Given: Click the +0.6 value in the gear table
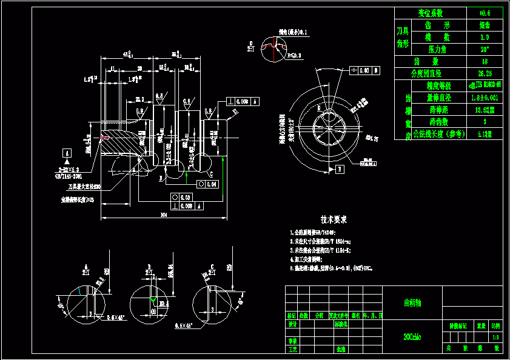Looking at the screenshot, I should pyautogui.click(x=484, y=13).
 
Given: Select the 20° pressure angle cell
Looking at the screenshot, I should pyautogui.click(x=484, y=49).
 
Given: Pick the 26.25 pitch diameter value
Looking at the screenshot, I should pyautogui.click(x=484, y=73).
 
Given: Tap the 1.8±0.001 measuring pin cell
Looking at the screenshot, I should pyautogui.click(x=484, y=97).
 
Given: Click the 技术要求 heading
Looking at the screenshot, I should pyautogui.click(x=334, y=219).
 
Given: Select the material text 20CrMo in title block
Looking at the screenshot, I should pyautogui.click(x=412, y=335).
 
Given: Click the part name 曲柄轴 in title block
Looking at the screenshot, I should pyautogui.click(x=412, y=302).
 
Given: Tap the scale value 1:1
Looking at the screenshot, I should pyautogui.click(x=496, y=337).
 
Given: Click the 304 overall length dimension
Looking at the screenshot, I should pyautogui.click(x=163, y=215).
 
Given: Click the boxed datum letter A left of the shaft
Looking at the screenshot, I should pyautogui.click(x=67, y=152).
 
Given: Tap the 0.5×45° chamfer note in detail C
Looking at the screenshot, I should pyautogui.click(x=184, y=325).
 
